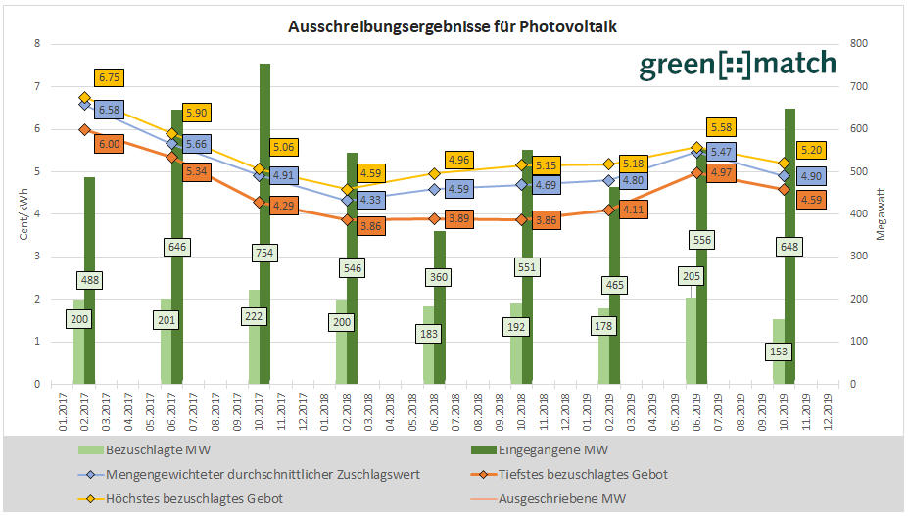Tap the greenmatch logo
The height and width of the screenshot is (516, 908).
[x=738, y=65]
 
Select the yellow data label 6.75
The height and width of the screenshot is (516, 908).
[x=110, y=78]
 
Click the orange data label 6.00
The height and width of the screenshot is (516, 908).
[x=110, y=143]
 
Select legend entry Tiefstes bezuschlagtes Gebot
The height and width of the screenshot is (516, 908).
[x=584, y=474]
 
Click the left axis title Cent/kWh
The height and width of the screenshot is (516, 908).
[x=23, y=215]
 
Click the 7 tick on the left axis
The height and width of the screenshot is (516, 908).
[x=36, y=86]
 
